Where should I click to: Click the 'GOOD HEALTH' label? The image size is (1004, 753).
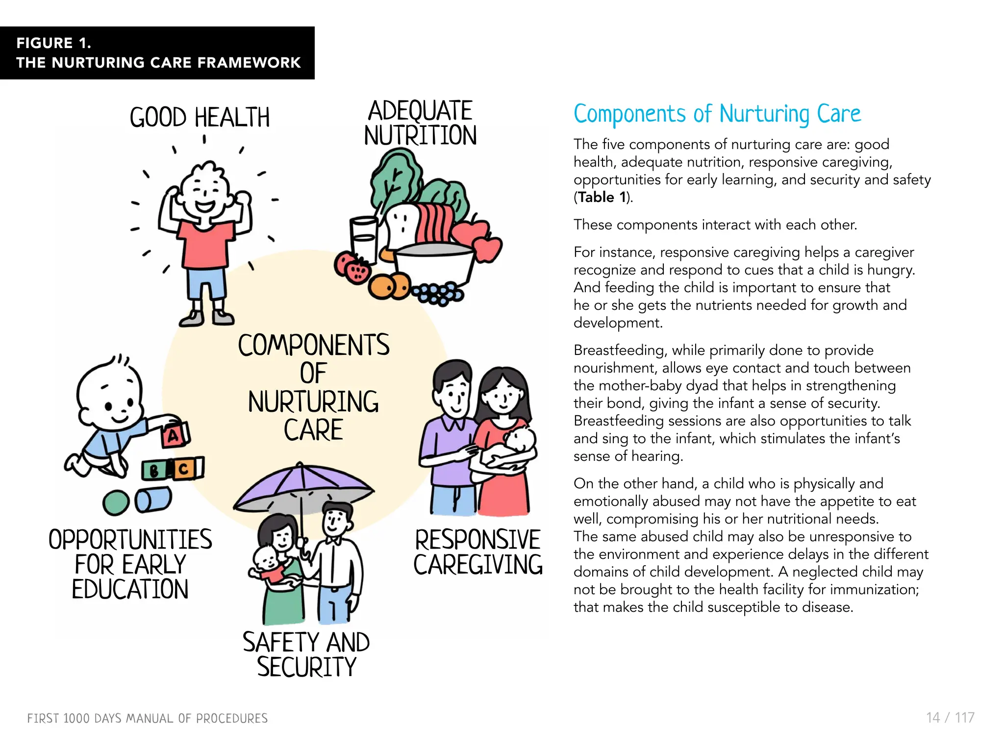click(x=200, y=118)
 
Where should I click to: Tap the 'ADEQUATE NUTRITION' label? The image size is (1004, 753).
click(x=420, y=124)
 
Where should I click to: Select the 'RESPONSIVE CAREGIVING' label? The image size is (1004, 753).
click(x=478, y=552)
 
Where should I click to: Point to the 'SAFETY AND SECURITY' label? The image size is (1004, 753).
click(x=306, y=655)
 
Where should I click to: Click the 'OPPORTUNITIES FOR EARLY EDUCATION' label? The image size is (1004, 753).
click(x=130, y=564)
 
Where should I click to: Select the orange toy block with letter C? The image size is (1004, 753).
click(x=183, y=469)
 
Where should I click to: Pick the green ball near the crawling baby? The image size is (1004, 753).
click(x=116, y=503)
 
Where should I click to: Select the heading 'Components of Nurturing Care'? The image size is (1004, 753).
click(x=717, y=114)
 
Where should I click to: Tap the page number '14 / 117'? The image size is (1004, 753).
click(x=950, y=718)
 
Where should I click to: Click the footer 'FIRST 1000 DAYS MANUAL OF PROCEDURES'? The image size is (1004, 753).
click(x=148, y=719)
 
